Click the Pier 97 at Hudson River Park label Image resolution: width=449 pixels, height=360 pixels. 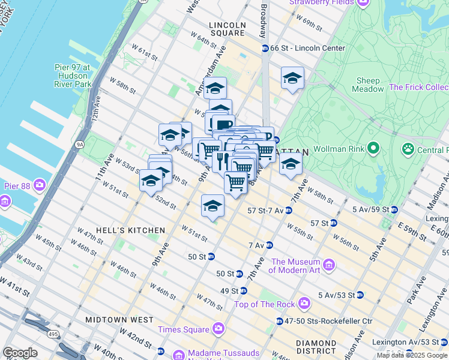71,76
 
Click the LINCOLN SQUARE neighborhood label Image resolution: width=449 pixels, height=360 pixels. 228,25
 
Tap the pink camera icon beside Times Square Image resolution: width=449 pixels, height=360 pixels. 218,329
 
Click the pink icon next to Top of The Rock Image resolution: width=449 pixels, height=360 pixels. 304,303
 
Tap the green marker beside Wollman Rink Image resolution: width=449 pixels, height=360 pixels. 373,147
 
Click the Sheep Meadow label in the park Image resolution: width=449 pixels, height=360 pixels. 368,85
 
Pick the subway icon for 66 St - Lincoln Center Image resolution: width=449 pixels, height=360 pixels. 264,48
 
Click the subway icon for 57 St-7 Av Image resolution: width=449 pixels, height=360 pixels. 289,211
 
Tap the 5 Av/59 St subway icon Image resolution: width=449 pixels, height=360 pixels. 394,209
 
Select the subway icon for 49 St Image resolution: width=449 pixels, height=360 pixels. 243,290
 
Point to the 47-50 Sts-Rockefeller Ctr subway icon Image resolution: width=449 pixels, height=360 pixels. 280,321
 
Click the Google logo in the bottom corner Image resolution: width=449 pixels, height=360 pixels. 20,352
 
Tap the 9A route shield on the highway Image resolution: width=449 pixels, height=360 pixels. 80,143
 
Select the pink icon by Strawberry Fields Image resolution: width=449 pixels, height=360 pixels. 362,2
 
